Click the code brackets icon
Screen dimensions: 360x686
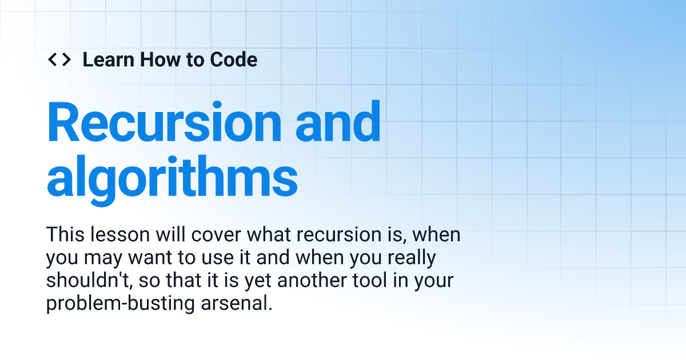pyautogui.click(x=59, y=59)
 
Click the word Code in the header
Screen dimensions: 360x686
pyautogui.click(x=233, y=59)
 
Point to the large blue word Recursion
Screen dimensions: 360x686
pyautogui.click(x=164, y=123)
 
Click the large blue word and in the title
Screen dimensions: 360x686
pyautogui.click(x=337, y=123)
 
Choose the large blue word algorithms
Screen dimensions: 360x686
pyautogui.click(x=172, y=178)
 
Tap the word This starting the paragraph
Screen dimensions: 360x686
pyautogui.click(x=65, y=235)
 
